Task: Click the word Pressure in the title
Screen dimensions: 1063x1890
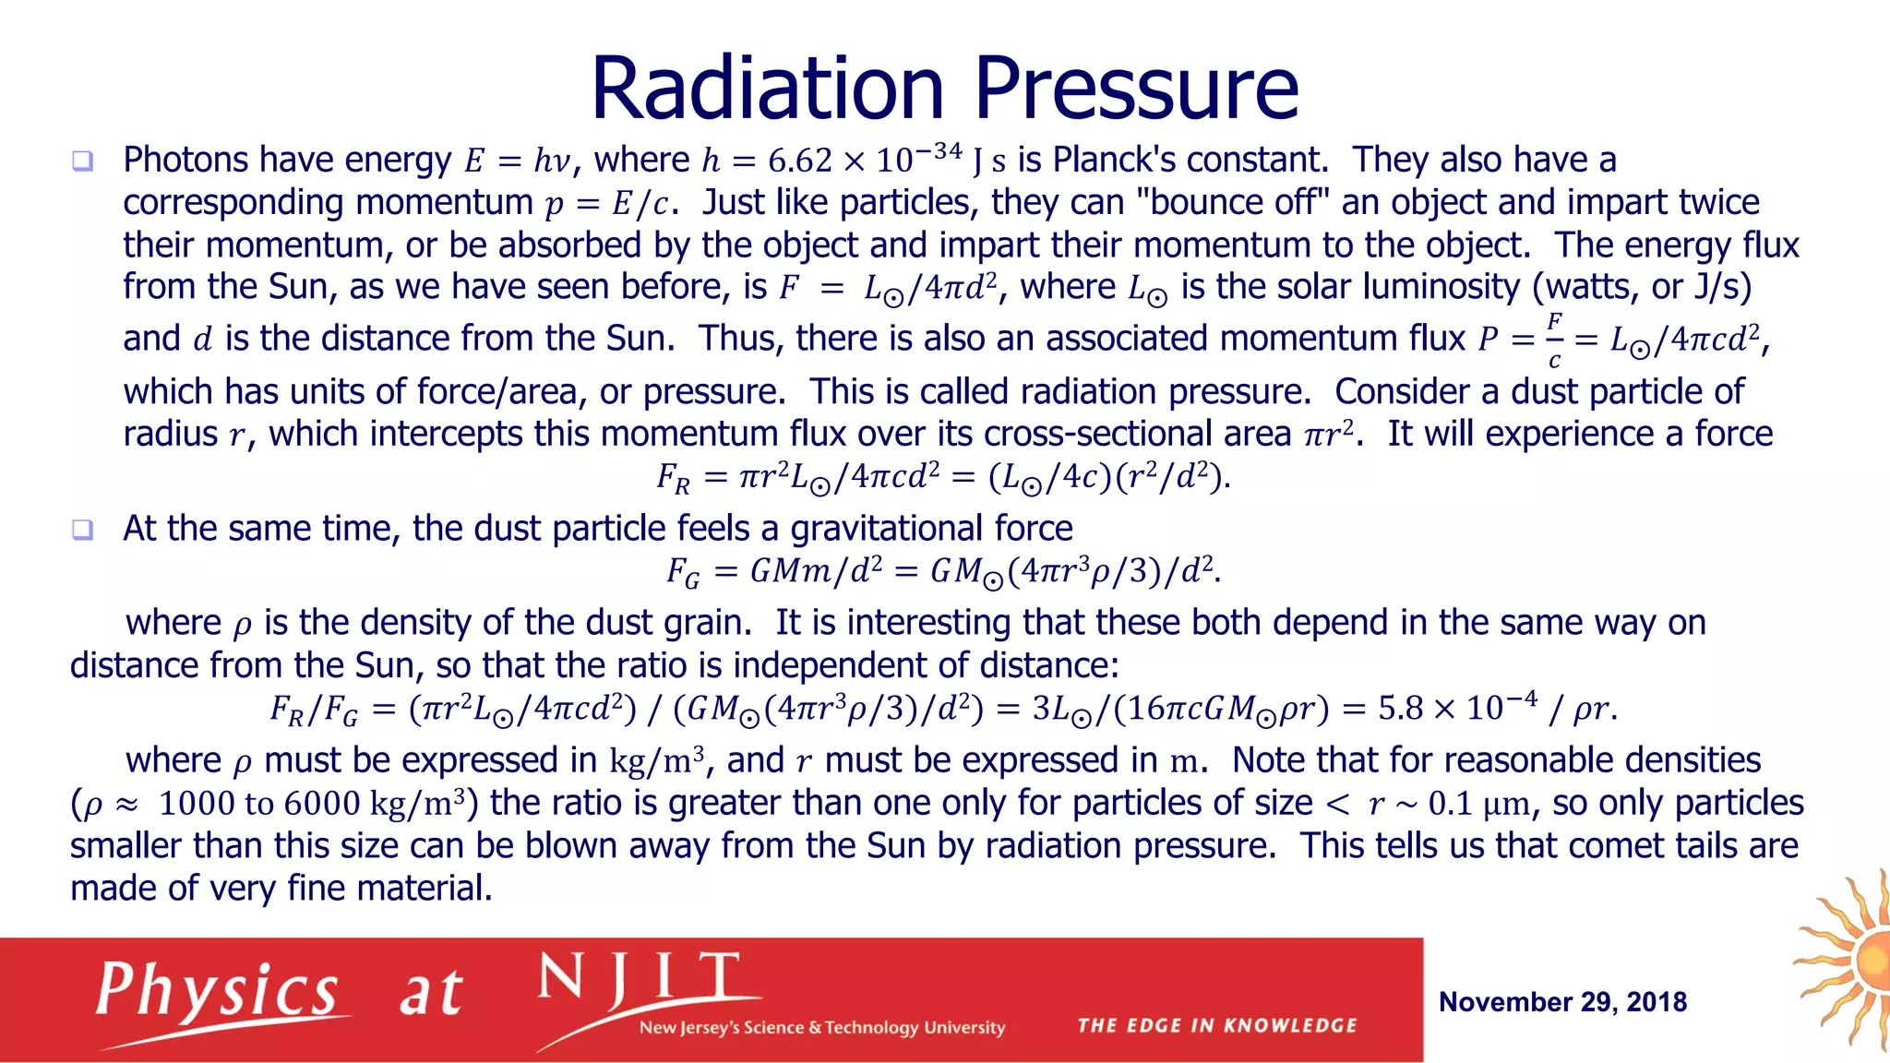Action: pos(1136,89)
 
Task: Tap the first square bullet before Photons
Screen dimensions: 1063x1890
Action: pos(82,161)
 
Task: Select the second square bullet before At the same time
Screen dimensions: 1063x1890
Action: pos(82,530)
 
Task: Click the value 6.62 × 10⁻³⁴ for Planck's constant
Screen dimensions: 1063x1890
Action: pos(864,160)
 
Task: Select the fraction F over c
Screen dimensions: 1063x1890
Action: pos(1554,340)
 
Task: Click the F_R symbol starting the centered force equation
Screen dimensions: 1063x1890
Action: pos(672,478)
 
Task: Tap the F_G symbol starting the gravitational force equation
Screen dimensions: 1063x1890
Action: pos(683,573)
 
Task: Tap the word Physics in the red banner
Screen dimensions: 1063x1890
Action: pos(218,992)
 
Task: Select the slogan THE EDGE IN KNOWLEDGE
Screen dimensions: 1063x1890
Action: pos(1216,1025)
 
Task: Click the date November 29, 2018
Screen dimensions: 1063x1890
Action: pos(1562,1002)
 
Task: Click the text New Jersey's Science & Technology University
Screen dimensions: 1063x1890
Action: pos(821,1027)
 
